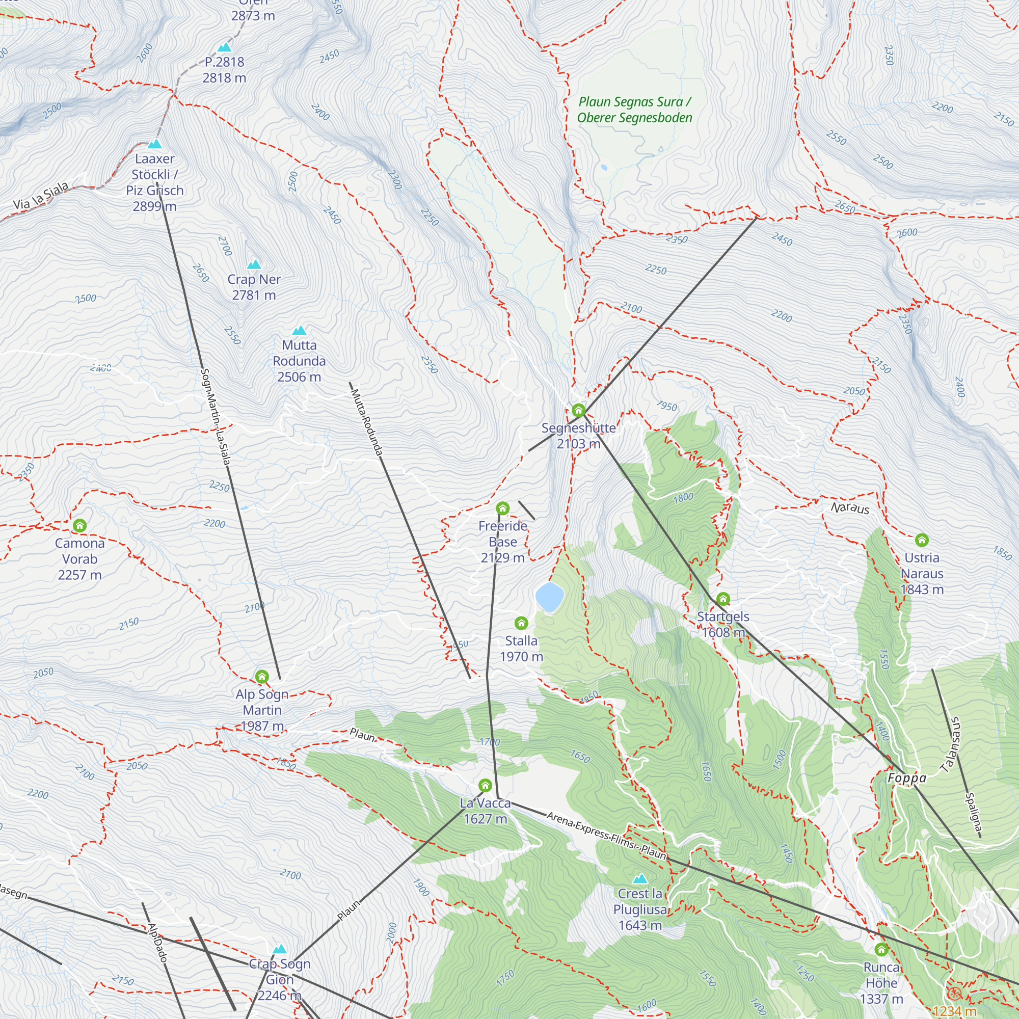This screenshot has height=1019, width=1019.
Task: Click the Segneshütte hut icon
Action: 579,410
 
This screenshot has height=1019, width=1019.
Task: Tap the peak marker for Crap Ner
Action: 254,265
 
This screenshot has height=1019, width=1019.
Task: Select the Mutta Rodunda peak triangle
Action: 300,331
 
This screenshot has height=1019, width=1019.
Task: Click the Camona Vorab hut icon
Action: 79,525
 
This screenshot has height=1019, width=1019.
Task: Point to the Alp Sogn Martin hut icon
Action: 262,676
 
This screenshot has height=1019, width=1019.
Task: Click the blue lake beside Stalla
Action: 550,597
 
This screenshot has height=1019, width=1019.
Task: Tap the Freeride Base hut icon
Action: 503,508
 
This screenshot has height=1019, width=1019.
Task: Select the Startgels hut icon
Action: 723,599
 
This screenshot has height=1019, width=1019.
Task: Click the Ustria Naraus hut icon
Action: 921,540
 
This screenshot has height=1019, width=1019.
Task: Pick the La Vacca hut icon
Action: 485,785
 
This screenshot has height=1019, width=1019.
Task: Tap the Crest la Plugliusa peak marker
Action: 640,879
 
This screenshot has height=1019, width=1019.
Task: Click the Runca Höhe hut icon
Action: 881,949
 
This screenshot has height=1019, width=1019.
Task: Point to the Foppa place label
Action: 907,778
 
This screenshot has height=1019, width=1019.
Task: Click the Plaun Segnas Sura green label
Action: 634,110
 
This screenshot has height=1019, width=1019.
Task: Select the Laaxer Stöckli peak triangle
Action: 154,144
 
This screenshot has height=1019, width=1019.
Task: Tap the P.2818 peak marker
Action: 225,47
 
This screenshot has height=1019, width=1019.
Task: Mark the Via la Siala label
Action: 41,196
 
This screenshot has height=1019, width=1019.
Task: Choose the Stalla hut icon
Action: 521,624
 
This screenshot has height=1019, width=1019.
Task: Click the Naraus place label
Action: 850,508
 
